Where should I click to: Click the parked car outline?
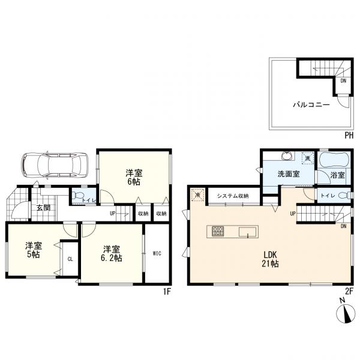[55, 165]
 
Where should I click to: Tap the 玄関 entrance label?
[43, 208]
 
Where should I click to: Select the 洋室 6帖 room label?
[134, 177]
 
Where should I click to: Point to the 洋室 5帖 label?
[34, 250]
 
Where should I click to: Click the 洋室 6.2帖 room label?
[112, 254]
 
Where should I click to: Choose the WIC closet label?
[157, 253]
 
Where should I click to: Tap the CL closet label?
[70, 259]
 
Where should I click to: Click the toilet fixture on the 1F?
[77, 196]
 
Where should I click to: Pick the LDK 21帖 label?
[270, 259]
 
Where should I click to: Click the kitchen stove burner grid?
[218, 232]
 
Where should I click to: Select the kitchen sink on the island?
[247, 232]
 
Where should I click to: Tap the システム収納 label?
[233, 196]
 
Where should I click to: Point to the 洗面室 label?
[289, 174]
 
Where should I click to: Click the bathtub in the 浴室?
[334, 160]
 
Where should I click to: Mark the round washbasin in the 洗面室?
[287, 155]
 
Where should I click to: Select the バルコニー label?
[311, 105]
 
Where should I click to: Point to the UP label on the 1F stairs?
[113, 214]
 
